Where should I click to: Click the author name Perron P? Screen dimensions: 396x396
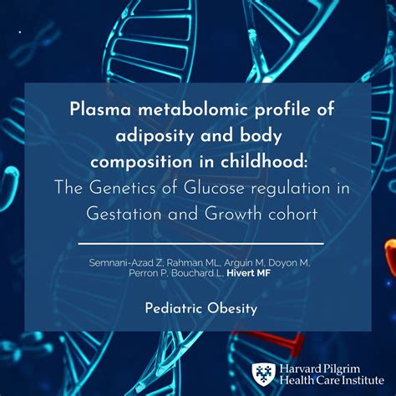pos(162,277)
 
